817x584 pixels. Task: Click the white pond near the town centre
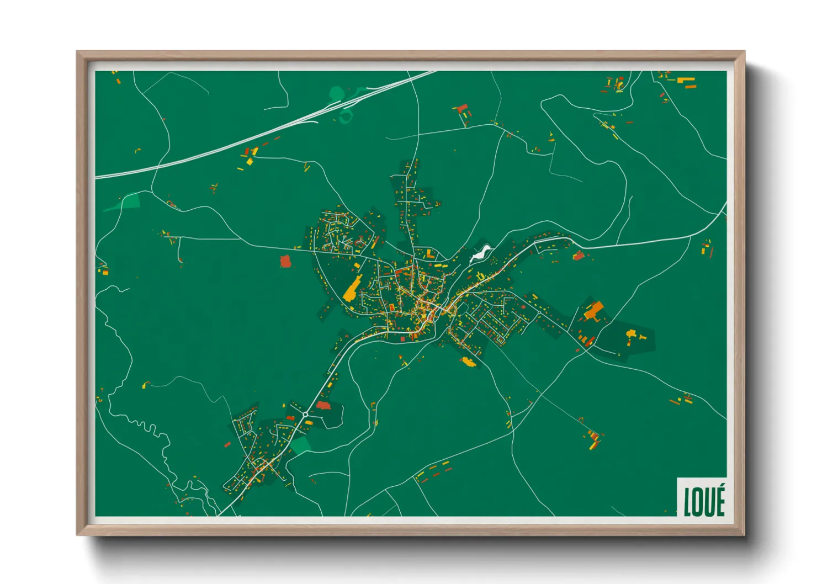480,254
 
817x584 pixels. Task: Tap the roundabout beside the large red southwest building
305,414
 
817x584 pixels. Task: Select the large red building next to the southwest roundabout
322,406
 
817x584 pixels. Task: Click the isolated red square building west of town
285,261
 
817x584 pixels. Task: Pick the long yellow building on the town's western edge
351,289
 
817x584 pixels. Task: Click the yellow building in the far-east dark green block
631,334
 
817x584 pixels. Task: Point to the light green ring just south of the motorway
347,116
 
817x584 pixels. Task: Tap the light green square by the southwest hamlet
301,444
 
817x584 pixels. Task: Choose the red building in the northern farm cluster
462,108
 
